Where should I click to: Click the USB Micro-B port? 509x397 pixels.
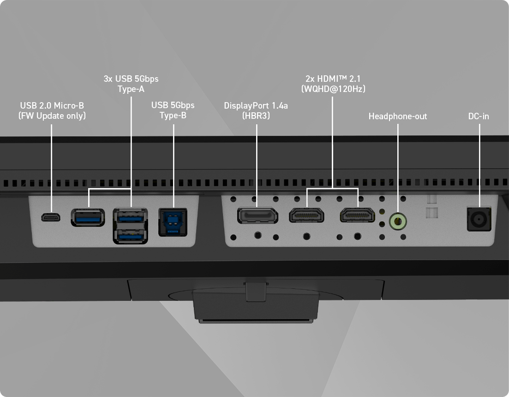coord(50,217)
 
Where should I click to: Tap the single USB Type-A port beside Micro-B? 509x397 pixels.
coord(87,218)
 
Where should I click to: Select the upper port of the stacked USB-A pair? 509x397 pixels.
coord(131,216)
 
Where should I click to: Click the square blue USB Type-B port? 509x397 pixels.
coord(173,222)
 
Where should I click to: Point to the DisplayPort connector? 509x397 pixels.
coord(257,216)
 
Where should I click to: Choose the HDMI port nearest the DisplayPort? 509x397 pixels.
coord(306,215)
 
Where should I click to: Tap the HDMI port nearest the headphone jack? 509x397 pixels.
coord(357,215)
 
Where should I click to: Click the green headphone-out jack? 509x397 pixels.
coord(398,221)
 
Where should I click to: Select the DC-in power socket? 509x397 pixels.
coord(479,218)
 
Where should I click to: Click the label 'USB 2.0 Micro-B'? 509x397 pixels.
coord(52,105)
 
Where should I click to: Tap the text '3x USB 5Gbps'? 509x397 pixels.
coord(131,79)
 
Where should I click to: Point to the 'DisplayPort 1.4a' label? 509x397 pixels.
coord(256,105)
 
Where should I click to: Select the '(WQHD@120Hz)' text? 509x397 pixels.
coord(332,88)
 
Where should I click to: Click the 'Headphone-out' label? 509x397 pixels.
coord(398,116)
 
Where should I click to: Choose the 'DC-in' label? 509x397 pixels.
coord(479,116)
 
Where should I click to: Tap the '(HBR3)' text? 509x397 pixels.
coord(256,116)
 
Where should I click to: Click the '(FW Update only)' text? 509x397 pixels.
coord(52,116)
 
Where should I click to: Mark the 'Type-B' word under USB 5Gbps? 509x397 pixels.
coord(173,116)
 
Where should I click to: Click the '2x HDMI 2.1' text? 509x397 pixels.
coord(332,79)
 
